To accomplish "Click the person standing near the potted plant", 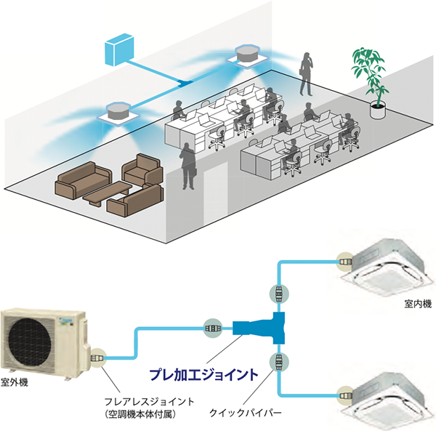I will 307,73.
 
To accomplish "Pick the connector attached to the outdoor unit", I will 96,357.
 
